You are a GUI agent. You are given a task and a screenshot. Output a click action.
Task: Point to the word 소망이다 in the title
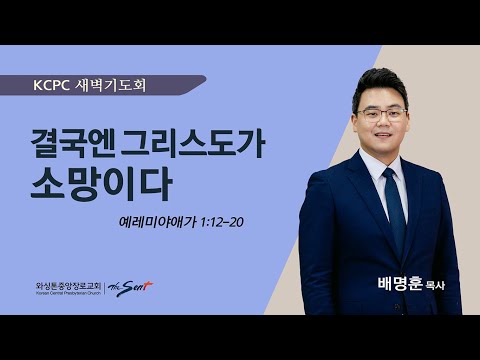(x=98, y=186)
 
